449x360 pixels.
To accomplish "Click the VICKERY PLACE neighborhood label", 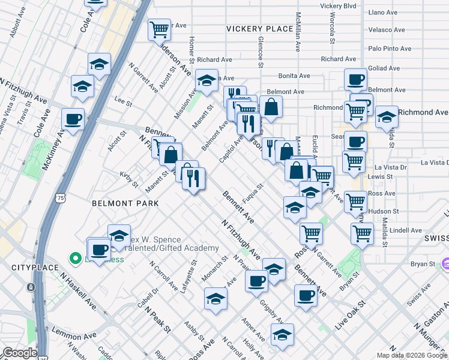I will [x=259, y=29].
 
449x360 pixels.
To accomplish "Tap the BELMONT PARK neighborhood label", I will [x=125, y=203].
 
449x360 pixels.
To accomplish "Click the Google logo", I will [x=20, y=353].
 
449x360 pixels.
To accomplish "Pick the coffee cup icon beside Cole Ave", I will [x=73, y=119].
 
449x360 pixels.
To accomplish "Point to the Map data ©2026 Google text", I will [x=411, y=355].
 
